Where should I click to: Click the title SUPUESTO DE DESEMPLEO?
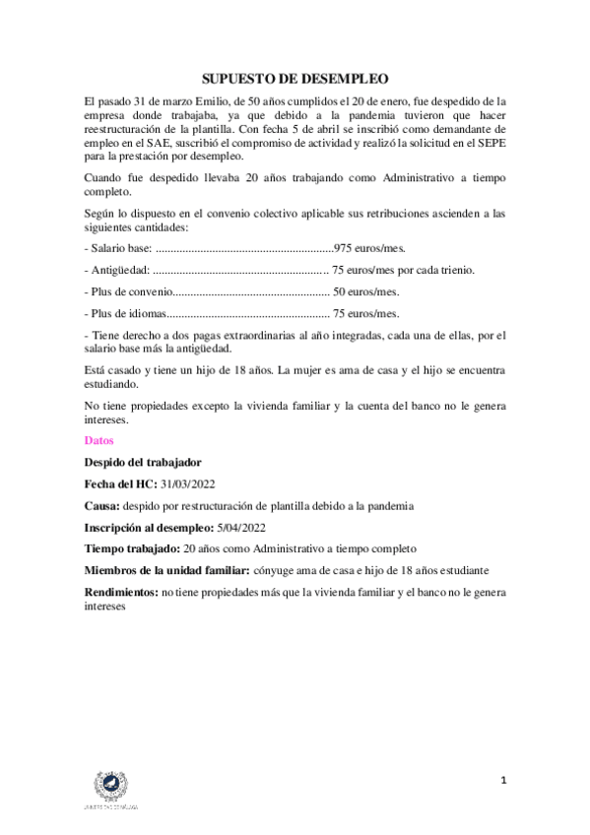click(x=295, y=78)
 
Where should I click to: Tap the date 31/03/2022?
click(x=187, y=483)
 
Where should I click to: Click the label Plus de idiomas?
click(x=127, y=314)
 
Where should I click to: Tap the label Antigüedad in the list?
click(x=120, y=270)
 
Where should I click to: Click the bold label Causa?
click(x=102, y=505)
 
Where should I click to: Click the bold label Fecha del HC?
click(x=121, y=483)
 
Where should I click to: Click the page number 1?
click(x=503, y=781)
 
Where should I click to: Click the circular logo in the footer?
click(x=109, y=786)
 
